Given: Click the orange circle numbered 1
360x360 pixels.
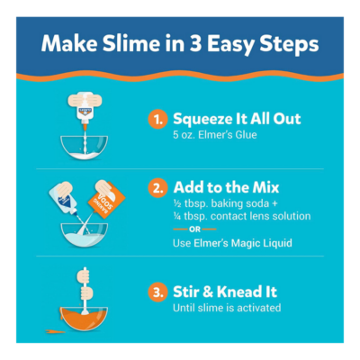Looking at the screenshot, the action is point(157,120).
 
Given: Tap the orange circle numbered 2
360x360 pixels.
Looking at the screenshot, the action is point(157,188).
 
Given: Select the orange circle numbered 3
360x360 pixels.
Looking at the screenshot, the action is point(157,292).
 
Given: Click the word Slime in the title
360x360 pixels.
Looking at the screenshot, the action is point(131,43).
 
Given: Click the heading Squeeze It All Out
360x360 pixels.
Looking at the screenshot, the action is point(237,119).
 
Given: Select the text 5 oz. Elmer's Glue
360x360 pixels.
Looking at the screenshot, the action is point(215,135).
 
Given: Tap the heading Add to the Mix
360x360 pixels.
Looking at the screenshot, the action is point(226,187).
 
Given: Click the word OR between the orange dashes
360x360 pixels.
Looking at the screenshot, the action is point(194,229).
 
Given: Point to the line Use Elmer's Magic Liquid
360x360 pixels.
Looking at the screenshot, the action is point(232,243).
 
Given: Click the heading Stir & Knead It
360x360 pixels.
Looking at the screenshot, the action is point(225,292).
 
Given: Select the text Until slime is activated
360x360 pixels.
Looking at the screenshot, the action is point(227,308).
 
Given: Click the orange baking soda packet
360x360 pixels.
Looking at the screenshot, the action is point(107,200).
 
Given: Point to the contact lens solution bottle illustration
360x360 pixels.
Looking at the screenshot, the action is point(64,199).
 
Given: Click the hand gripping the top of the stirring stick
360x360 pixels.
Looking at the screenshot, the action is point(84,276).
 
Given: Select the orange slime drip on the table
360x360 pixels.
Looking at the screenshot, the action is point(56,331).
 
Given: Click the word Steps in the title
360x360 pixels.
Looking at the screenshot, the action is point(289,44).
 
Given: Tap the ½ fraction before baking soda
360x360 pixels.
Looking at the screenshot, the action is point(177,203).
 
